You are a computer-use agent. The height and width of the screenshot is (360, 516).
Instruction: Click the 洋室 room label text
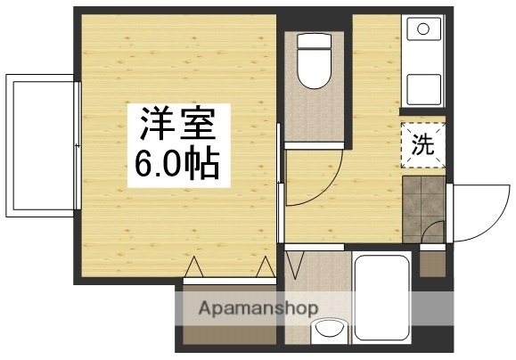click(175, 124)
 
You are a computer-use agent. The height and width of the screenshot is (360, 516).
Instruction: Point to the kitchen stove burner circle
click(423, 29)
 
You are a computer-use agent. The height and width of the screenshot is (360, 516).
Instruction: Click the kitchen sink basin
click(423, 90)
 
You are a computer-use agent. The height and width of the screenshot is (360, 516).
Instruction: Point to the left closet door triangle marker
click(195, 267)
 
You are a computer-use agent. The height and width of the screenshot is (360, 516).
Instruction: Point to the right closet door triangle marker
click(265, 267)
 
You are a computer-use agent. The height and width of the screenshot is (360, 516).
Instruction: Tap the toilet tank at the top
click(314, 42)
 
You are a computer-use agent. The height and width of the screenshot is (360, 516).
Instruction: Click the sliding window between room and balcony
click(79, 145)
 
